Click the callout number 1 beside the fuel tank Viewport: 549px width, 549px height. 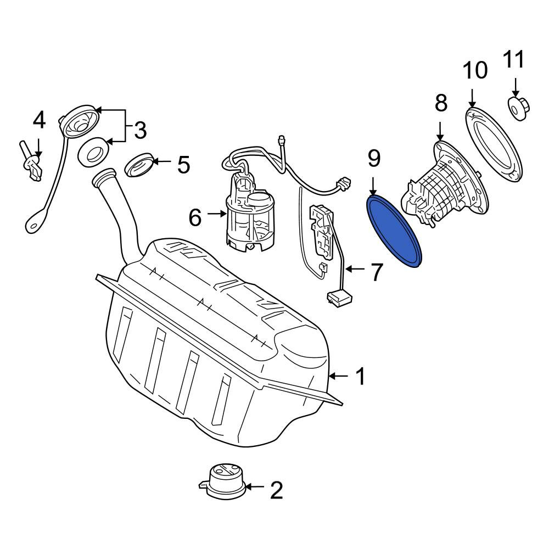(x=360, y=377)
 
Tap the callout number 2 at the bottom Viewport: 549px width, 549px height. (x=276, y=490)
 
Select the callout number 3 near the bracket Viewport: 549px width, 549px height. (x=140, y=130)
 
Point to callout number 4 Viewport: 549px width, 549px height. (x=39, y=120)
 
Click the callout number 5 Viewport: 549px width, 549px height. (x=183, y=165)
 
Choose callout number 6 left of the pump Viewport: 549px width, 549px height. (x=195, y=217)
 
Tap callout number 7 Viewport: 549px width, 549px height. (x=376, y=272)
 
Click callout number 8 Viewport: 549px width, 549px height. (x=441, y=104)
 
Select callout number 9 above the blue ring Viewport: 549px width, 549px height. (x=374, y=159)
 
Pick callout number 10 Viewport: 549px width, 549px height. (x=475, y=70)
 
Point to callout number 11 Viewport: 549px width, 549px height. (x=514, y=59)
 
